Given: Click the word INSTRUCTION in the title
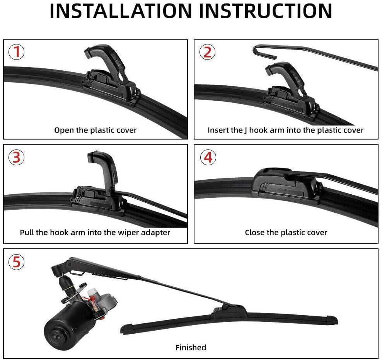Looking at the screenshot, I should point(266,11).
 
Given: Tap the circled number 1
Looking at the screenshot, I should point(17,52).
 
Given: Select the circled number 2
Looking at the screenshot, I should point(207,52).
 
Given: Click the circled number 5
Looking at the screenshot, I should point(17,262).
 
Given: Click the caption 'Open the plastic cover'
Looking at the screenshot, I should point(95,130).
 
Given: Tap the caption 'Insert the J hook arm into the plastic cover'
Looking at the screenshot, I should point(285,130).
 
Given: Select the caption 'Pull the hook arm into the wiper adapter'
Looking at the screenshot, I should point(95,233).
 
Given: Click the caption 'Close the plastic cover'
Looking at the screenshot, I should point(286,233).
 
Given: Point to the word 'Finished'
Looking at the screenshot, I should point(191,348).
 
